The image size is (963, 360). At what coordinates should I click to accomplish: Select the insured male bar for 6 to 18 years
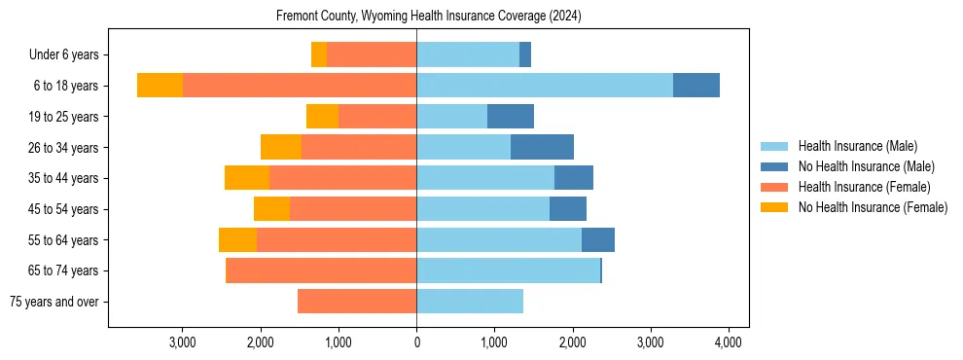click(544, 86)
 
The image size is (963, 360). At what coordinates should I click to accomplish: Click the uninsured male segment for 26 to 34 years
click(542, 147)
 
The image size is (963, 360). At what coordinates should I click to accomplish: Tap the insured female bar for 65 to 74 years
click(321, 270)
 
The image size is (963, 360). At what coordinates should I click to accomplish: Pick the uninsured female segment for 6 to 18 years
click(160, 86)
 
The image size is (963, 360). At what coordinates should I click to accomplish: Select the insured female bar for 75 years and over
click(357, 302)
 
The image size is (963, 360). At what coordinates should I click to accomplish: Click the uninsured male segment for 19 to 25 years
click(511, 117)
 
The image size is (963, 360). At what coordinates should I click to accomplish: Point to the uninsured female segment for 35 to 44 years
click(247, 178)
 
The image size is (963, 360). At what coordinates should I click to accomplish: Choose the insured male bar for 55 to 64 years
click(499, 239)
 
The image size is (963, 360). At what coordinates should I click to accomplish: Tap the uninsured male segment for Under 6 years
click(525, 54)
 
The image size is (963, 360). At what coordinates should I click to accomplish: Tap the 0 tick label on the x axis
click(416, 342)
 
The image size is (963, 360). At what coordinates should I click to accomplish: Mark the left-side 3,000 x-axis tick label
click(183, 342)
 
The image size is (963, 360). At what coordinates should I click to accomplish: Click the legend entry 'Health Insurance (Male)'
click(857, 146)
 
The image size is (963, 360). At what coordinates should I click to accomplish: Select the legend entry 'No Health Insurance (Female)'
click(873, 207)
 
